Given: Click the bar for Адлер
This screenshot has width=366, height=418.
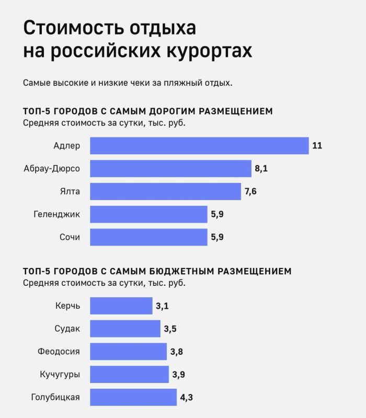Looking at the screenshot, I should tap(199, 145).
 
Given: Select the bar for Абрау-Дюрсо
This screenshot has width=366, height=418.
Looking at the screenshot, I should tap(170, 168).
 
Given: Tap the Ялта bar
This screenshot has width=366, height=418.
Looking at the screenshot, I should tap(166, 191).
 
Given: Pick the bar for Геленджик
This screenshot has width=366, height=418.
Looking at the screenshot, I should tap(148, 214).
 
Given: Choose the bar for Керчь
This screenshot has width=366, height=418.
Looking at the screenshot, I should tap(121, 306).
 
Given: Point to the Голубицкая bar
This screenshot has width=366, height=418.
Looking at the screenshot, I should tap(133, 397).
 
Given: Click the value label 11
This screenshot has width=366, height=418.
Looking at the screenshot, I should tap(317, 145).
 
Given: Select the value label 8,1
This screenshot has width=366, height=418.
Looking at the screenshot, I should tap(262, 168).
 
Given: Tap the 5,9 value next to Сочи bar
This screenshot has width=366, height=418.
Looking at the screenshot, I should tap(218, 237).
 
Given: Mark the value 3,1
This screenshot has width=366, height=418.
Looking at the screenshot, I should tap(162, 306).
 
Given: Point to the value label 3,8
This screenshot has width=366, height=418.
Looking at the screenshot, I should tap(176, 352).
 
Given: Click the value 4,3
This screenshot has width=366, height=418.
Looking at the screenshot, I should tap(187, 397).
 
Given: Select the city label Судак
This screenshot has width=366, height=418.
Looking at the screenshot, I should tap(67, 329).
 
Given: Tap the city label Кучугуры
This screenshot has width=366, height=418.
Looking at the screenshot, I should tap(60, 375).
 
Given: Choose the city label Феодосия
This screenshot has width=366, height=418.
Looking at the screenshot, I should tap(59, 352).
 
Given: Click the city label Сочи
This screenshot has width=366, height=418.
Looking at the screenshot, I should tap(70, 237).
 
